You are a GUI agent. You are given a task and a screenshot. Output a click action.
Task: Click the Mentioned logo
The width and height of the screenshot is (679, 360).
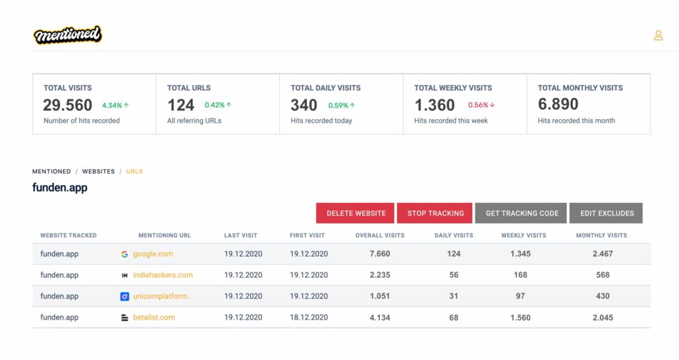coord(68,34)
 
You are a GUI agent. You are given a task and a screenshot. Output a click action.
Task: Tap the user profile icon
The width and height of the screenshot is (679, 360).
coord(658,35)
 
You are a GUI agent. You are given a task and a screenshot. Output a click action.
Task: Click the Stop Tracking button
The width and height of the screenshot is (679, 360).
coord(435,213)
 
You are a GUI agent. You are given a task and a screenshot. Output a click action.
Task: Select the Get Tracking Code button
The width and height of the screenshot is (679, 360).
coord(521,213)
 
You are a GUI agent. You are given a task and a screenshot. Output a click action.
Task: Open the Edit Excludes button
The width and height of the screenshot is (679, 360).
coord(606,213)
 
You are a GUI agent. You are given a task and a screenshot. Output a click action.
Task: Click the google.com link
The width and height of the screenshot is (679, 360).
coord(153,254)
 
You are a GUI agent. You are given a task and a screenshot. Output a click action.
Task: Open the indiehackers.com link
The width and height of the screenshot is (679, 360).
coord(163,275)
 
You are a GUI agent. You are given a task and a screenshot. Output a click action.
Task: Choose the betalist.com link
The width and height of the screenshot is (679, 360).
coord(154,318)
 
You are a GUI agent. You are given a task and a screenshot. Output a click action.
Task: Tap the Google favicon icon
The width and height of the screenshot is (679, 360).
coord(124,255)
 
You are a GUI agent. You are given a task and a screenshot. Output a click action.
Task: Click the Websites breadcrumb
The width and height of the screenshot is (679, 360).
coord(98,172)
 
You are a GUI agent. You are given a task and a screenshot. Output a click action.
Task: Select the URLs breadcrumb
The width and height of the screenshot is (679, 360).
coord(134,172)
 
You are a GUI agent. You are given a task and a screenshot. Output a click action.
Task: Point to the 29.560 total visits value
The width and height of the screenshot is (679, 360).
coord(68,105)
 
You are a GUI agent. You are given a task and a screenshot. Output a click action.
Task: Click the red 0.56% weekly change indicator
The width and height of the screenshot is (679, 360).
coord(481,105)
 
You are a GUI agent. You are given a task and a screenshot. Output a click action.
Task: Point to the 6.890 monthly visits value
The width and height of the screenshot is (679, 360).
coord(558,104)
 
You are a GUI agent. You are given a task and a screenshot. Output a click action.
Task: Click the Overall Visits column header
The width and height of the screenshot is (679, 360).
coord(380,235)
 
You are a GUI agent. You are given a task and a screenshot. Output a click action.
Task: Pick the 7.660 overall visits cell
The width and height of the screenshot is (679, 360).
coord(380,254)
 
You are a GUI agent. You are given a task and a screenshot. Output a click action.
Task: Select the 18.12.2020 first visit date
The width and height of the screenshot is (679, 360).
coord(309,318)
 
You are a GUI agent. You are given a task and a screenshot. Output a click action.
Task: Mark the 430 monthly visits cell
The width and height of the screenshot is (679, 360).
coord(602,296)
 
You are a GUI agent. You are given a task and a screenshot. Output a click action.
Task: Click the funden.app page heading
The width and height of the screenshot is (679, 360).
coord(60,188)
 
